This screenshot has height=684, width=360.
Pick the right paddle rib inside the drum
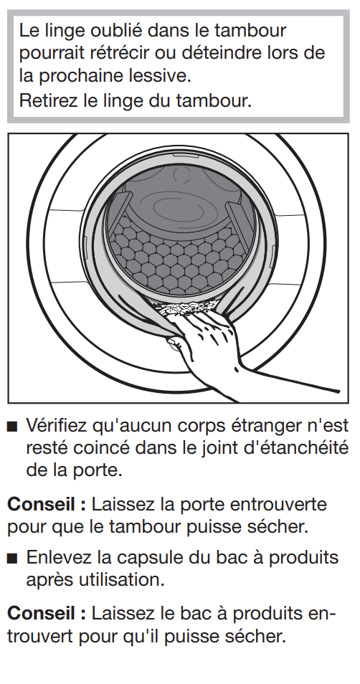pyautogui.click(x=239, y=220)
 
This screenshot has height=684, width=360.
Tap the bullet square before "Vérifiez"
pyautogui.click(x=13, y=427)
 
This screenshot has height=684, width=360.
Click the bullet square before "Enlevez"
pyautogui.click(x=13, y=559)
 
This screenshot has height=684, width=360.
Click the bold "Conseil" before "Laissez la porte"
pyautogui.click(x=41, y=505)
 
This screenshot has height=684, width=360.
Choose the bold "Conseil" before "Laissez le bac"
pyautogui.click(x=41, y=614)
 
